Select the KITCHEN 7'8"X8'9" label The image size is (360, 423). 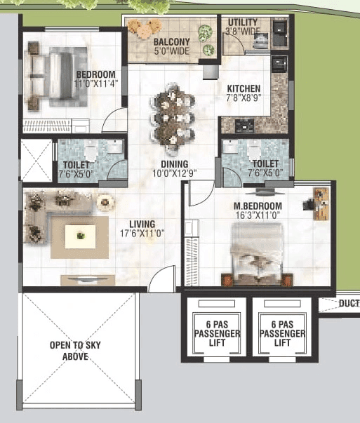[x=244, y=93]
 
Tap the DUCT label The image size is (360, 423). [x=347, y=303]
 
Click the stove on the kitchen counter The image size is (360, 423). [x=247, y=126]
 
